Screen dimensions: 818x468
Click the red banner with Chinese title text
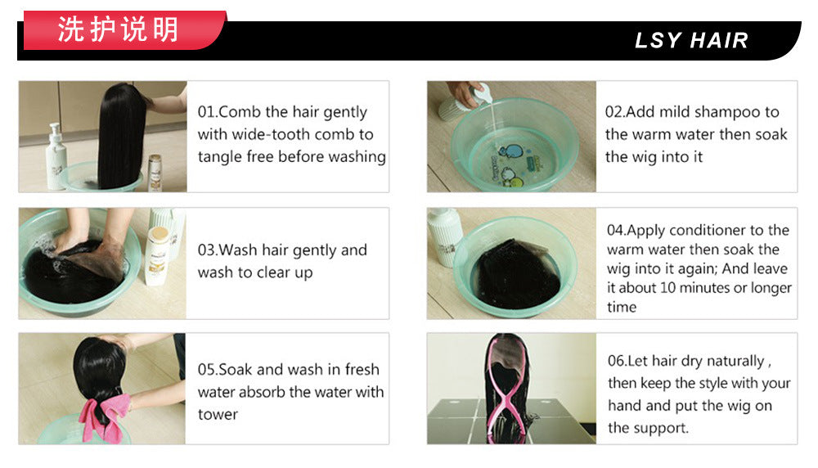pos(124,30)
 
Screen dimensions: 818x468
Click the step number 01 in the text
pos(206,111)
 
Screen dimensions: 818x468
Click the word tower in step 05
pos(218,415)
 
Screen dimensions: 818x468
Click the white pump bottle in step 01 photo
pos(56,156)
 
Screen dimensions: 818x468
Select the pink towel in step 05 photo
pos(106,417)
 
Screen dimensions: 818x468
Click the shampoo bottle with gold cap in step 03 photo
pos(157,255)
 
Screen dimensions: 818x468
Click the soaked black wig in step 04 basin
pos(516,274)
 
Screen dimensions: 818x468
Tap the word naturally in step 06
pos(735,362)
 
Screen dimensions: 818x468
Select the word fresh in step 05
pos(362,369)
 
